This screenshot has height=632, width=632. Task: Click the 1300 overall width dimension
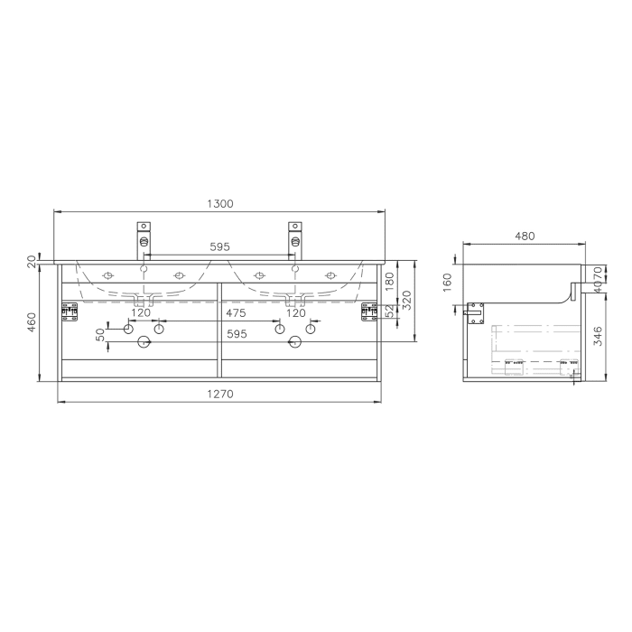tap(219, 205)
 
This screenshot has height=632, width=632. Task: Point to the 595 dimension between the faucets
tap(219, 246)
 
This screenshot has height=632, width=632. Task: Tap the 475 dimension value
tap(237, 313)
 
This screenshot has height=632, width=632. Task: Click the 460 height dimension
tap(33, 321)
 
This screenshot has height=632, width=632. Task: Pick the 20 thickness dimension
tap(33, 261)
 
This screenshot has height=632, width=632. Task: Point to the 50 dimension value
tap(101, 335)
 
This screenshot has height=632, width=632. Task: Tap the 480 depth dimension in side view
tap(525, 236)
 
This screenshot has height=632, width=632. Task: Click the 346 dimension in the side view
tap(598, 339)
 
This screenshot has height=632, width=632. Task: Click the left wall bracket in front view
tap(69, 311)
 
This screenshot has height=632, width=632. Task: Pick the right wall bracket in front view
tap(368, 311)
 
